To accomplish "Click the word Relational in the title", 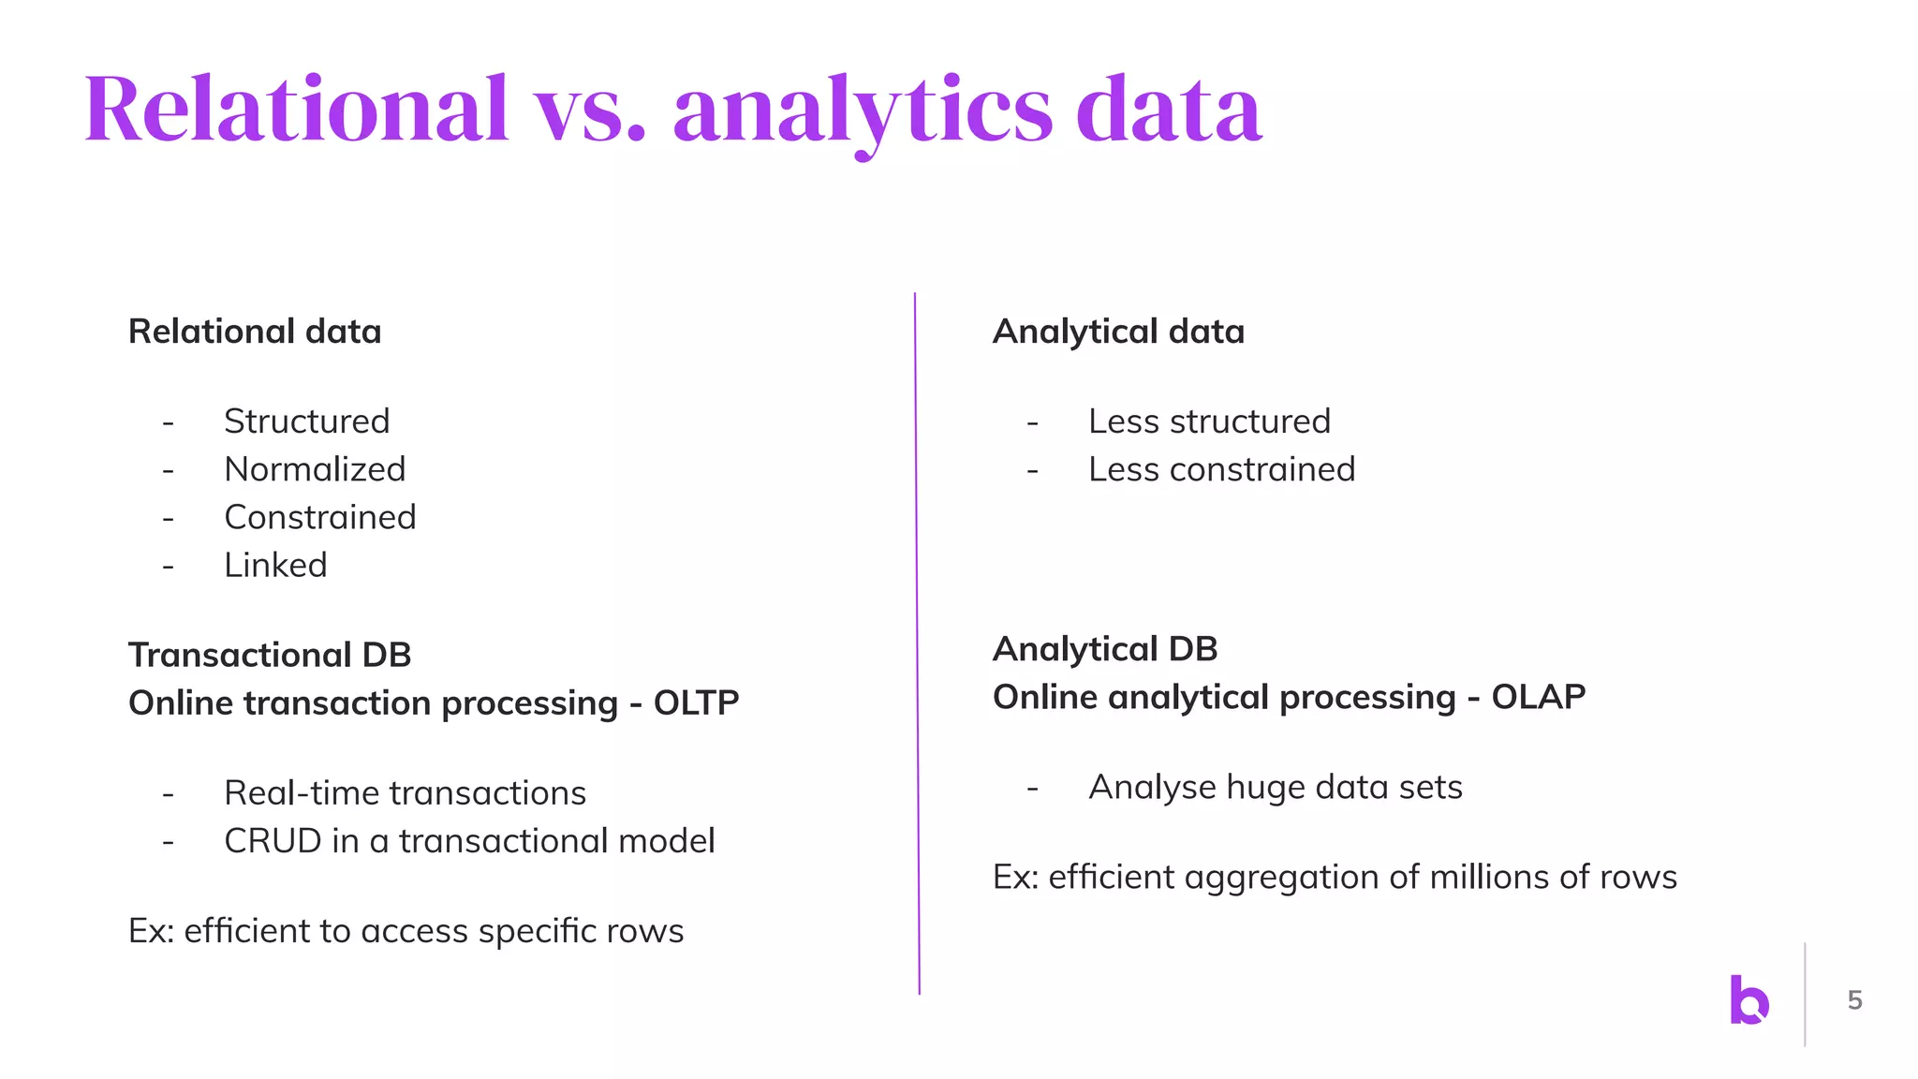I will [296, 111].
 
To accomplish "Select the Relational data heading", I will [255, 332].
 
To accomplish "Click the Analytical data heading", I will [1118, 332].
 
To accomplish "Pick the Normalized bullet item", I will [315, 469].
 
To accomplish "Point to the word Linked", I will [275, 565].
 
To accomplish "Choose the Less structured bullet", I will [1209, 421].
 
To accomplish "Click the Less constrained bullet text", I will [1221, 469].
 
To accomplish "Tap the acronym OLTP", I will [696, 702].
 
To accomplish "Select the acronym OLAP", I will [1538, 697].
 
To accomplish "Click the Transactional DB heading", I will [270, 655].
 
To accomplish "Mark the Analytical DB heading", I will [1105, 649].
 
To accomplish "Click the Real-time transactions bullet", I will [405, 793].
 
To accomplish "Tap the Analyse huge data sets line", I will [1275, 787].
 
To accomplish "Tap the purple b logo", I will [1748, 999].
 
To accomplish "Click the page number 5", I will [1854, 1000].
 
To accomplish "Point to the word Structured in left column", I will [306, 421].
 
